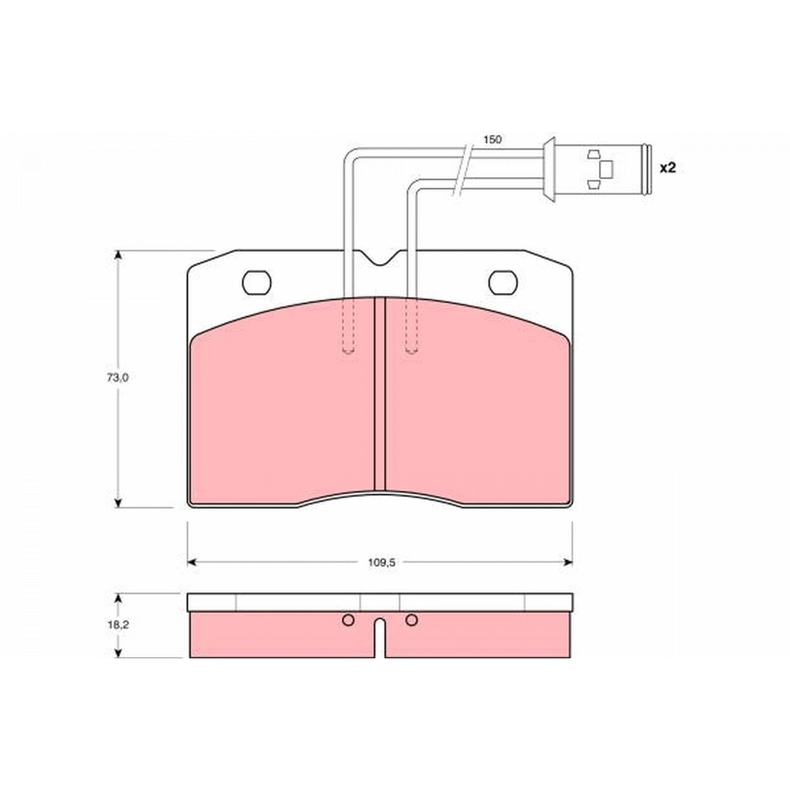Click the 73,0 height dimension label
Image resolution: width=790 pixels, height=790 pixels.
click(118, 378)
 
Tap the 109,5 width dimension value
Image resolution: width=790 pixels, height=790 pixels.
click(381, 563)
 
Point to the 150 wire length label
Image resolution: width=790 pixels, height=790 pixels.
click(492, 139)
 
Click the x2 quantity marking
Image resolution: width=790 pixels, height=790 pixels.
click(668, 168)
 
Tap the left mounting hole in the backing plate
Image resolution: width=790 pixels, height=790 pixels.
click(257, 283)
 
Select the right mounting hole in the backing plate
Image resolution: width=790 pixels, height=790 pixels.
click(503, 283)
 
